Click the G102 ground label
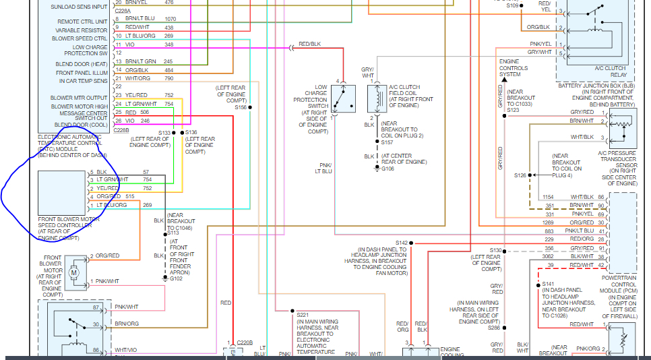[x=177, y=278]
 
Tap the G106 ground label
[x=387, y=169]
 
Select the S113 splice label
[x=173, y=233]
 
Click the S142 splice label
[x=402, y=243]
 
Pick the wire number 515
[x=148, y=197]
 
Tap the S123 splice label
[x=514, y=110]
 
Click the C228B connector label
[x=122, y=130]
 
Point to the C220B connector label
[x=245, y=342]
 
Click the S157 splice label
[x=387, y=142]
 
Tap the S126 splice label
[x=520, y=175]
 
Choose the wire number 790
[x=168, y=79]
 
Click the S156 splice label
[x=241, y=107]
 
